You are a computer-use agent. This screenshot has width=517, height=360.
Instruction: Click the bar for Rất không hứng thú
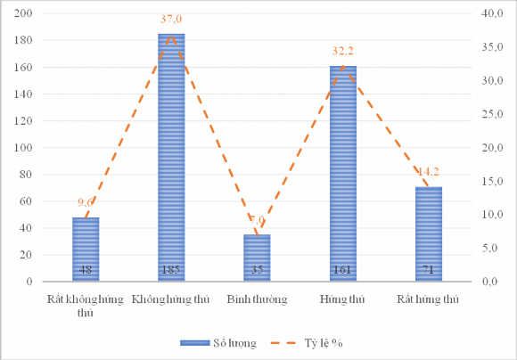[x=86, y=250]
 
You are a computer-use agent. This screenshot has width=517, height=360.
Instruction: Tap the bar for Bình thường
[x=257, y=258]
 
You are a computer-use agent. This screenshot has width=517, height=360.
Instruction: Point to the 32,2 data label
[x=343, y=56]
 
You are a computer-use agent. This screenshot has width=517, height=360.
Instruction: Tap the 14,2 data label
[x=428, y=172]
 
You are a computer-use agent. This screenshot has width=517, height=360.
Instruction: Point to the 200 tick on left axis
[x=24, y=13]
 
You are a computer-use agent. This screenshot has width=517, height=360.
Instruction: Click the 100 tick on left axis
[x=24, y=148]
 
